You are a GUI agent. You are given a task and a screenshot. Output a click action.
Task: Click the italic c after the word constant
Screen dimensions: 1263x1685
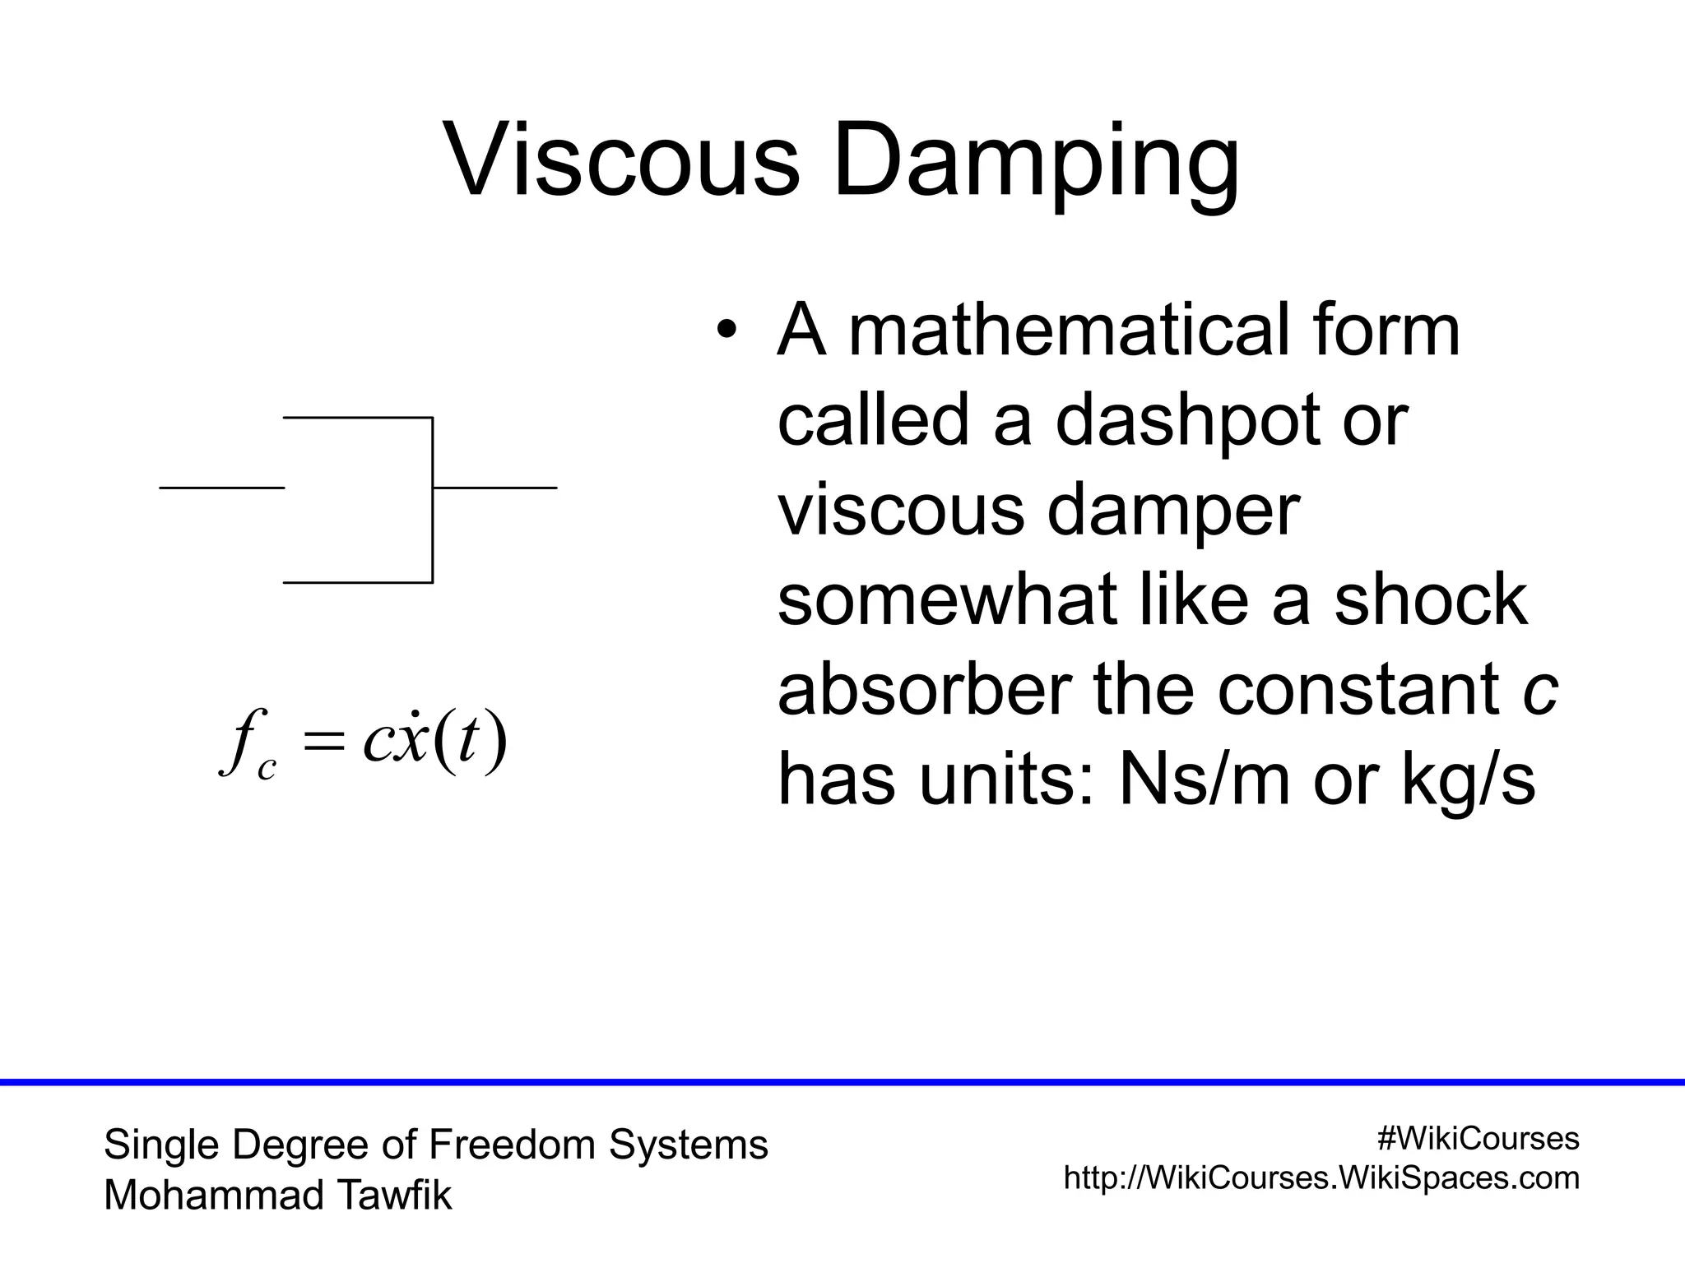point(1539,691)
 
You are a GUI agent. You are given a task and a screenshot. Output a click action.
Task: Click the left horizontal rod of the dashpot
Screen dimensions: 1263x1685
point(222,488)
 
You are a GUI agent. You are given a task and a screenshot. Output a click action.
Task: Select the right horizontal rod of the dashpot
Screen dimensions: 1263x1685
point(494,488)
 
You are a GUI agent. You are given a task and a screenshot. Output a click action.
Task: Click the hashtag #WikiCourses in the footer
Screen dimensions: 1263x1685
point(1478,1138)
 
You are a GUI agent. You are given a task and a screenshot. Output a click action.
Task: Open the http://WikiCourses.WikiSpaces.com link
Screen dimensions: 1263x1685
point(1321,1177)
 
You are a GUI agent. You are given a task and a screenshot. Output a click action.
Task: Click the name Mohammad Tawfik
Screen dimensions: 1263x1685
point(278,1195)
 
